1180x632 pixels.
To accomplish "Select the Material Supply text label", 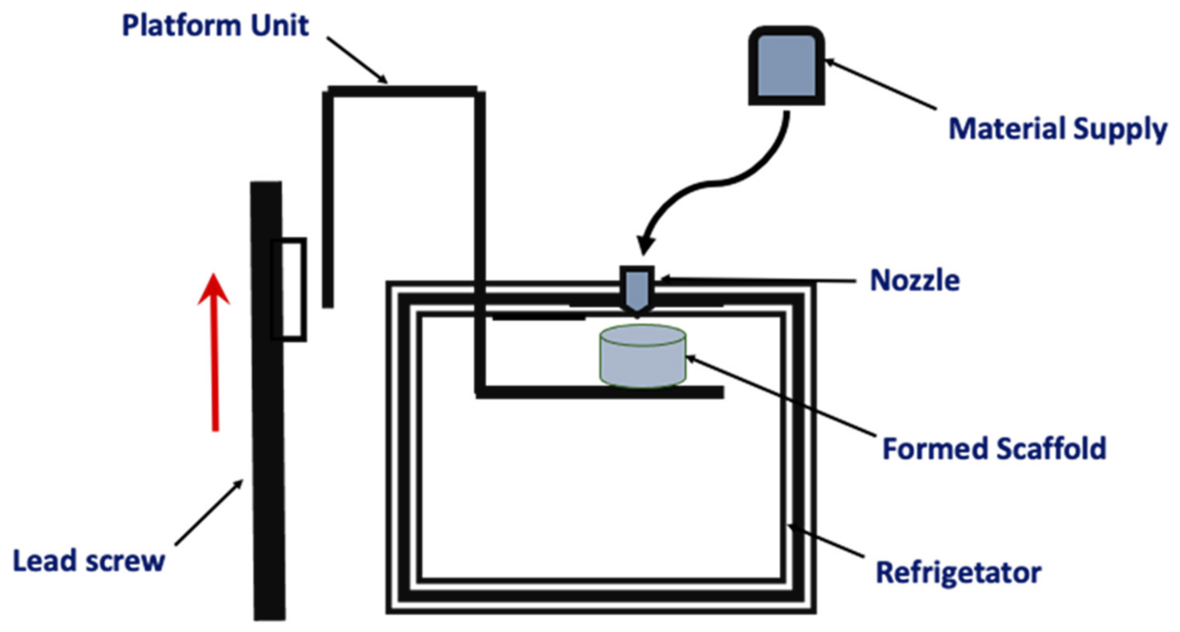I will (1057, 130).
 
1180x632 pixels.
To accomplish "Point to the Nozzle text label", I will (914, 280).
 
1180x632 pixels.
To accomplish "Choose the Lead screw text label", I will (89, 562).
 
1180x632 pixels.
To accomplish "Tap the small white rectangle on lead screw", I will (289, 290).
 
